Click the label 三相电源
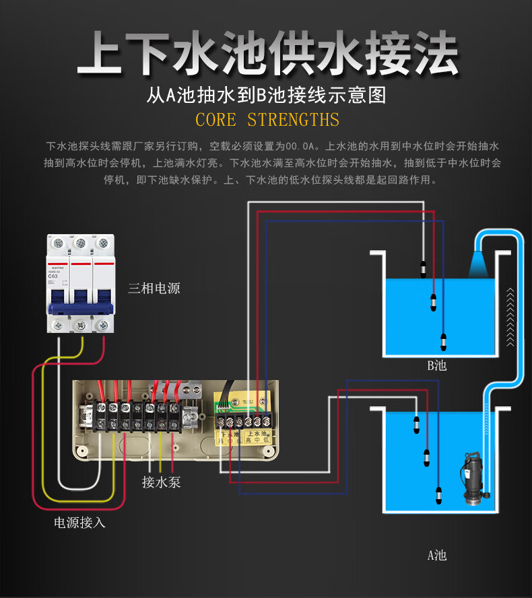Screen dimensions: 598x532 pyautogui.click(x=154, y=289)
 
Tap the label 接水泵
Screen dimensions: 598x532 pyautogui.click(x=161, y=482)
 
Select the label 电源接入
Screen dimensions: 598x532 pyautogui.click(x=80, y=522)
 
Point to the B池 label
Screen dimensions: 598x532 pyautogui.click(x=436, y=367)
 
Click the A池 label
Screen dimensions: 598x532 pyautogui.click(x=436, y=556)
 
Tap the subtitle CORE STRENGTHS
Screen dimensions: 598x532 pyautogui.click(x=267, y=120)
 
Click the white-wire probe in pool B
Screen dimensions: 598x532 pyautogui.click(x=423, y=268)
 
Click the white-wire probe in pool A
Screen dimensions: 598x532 pyautogui.click(x=415, y=424)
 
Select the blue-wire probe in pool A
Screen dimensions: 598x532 pyautogui.click(x=438, y=496)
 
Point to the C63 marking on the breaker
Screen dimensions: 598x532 pyautogui.click(x=52, y=276)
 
